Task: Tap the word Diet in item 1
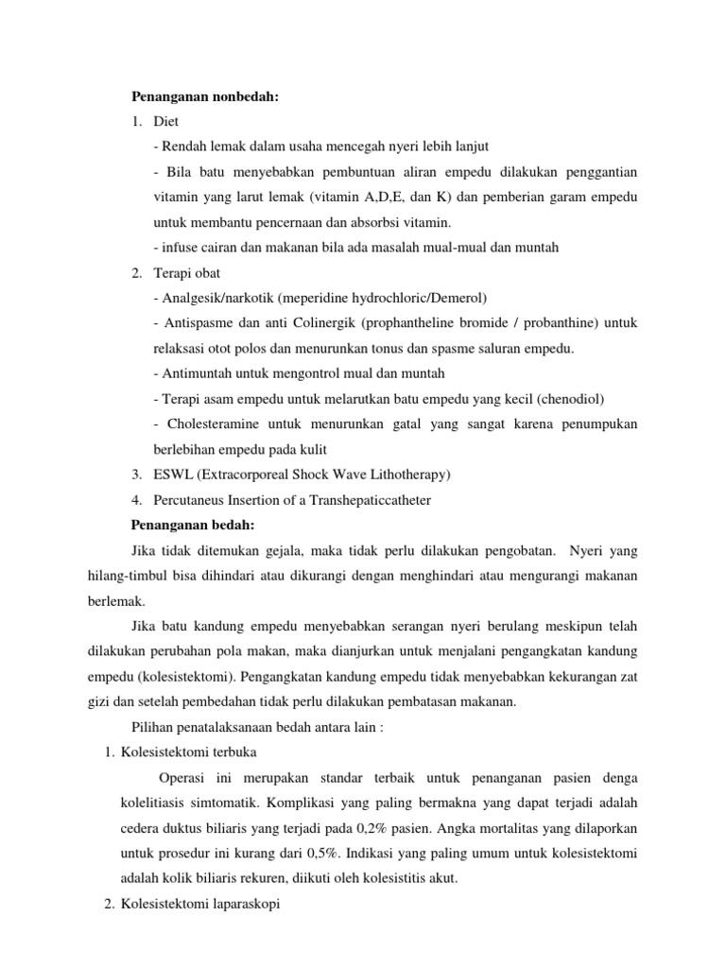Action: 165,122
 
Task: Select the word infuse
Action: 178,248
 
